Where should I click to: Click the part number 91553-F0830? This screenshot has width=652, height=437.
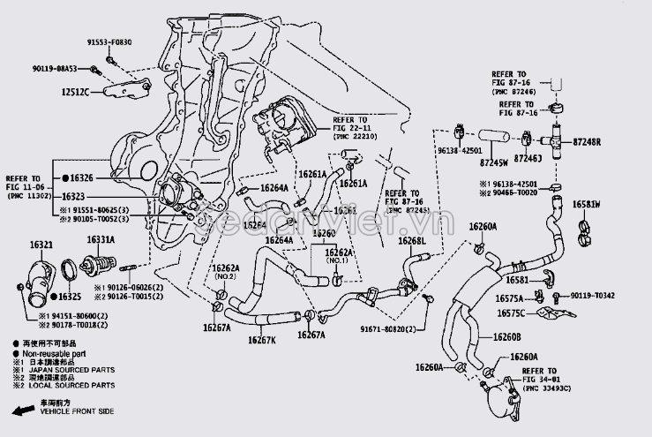coord(109,42)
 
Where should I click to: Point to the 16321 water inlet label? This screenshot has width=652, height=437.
coord(41,245)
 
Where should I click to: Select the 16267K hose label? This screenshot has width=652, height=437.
coord(262,340)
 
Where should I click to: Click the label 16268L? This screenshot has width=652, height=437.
coord(411,241)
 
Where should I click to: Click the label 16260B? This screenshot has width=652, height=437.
coord(506,337)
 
